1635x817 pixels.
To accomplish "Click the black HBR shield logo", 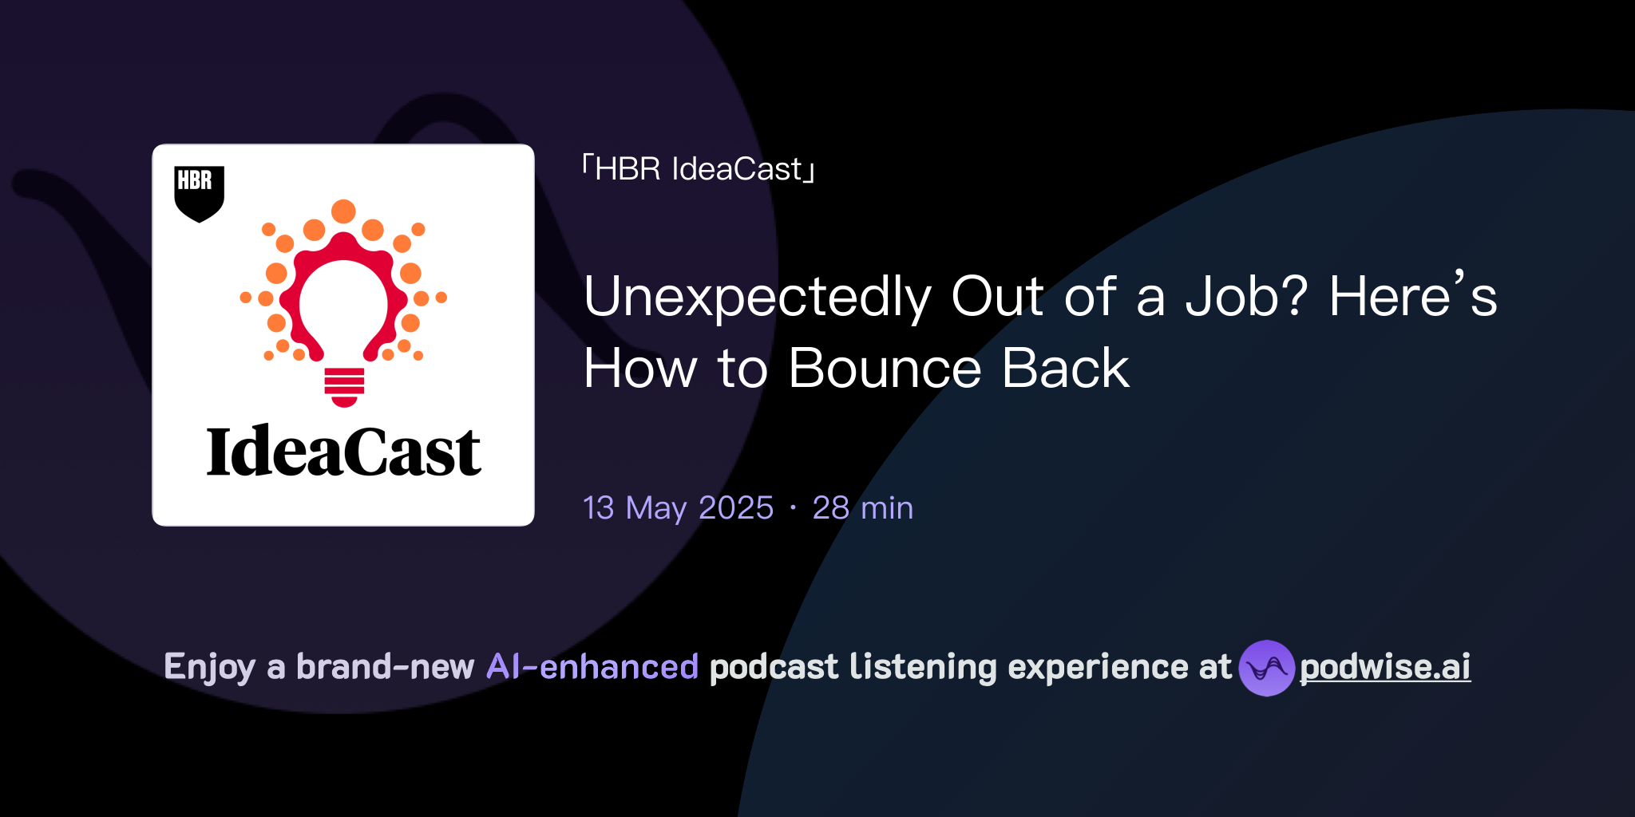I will [x=199, y=191].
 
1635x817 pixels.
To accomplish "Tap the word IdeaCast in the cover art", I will [x=343, y=452].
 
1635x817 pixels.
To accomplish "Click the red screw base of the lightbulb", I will [x=344, y=386].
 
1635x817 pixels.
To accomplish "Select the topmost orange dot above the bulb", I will [x=343, y=211].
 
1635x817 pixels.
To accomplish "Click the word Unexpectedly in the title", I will [x=757, y=297].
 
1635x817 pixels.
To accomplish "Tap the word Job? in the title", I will [x=1246, y=297].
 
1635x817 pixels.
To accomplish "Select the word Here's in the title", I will [x=1413, y=297].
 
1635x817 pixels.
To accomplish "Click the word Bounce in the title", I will [x=885, y=369].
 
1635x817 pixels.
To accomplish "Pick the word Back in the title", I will [x=1065, y=369].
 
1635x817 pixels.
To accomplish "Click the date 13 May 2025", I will [x=678, y=508].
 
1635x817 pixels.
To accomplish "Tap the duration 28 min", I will [x=862, y=508].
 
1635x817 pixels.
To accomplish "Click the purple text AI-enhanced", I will [x=592, y=667].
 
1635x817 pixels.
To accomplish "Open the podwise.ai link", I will [x=1384, y=667].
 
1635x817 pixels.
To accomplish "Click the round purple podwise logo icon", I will [x=1266, y=668].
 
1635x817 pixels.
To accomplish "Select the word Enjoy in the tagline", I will [x=209, y=667].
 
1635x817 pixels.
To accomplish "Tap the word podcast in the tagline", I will [x=774, y=667].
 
